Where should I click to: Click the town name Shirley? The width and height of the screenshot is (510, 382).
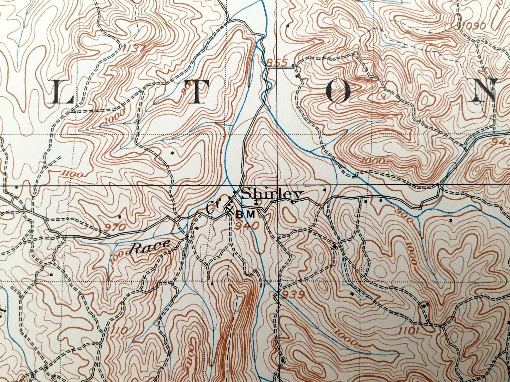pyautogui.click(x=272, y=195)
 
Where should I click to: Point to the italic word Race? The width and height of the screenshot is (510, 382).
pyautogui.click(x=149, y=247)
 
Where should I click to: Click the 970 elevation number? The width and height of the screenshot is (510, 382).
pyautogui.click(x=116, y=227)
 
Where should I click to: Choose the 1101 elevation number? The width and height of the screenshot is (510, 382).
pyautogui.click(x=409, y=330)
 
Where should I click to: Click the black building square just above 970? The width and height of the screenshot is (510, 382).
pyautogui.click(x=120, y=217)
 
